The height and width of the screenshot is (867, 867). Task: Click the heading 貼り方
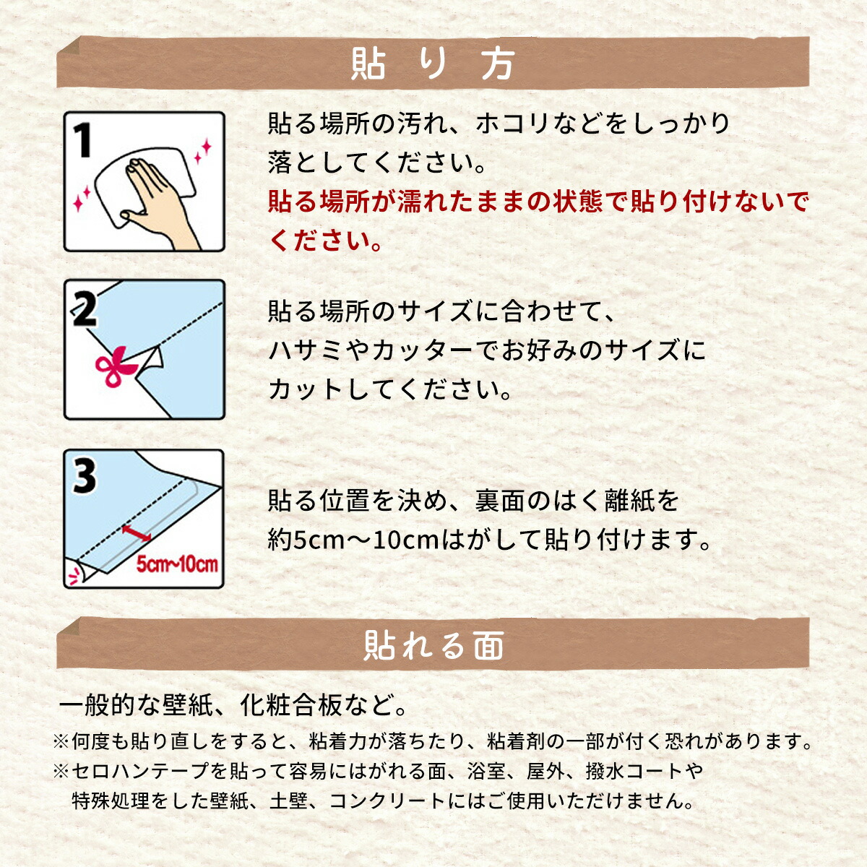(432, 64)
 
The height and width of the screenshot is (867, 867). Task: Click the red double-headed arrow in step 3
(137, 532)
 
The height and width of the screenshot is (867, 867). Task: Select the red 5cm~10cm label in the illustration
(177, 564)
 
